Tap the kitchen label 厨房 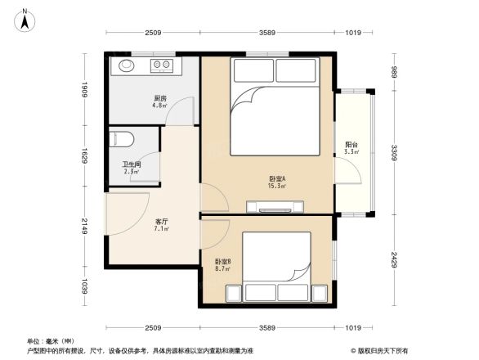click(159, 98)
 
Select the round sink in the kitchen click(128, 65)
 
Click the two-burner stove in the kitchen click(161, 65)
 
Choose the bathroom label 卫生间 click(131, 164)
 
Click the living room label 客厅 click(162, 221)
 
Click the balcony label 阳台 click(351, 145)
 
